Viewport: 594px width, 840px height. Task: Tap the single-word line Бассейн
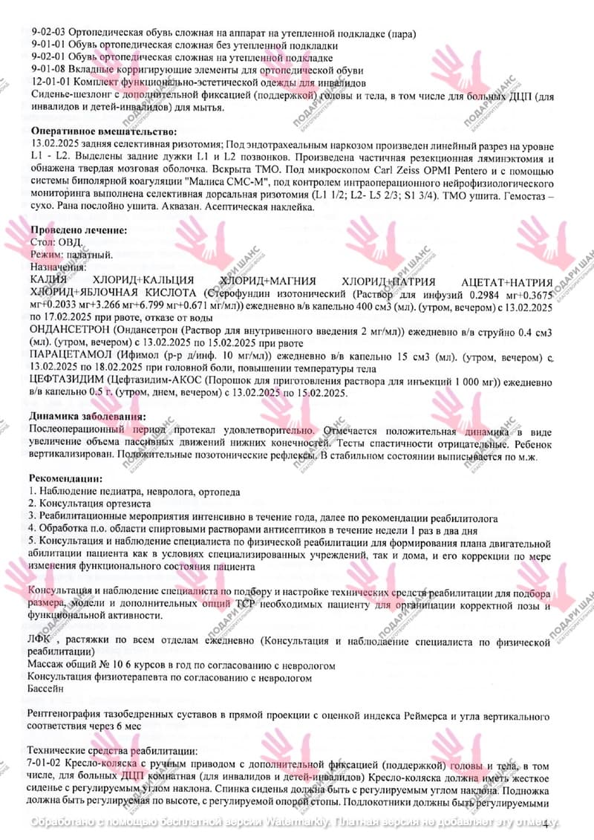pyautogui.click(x=46, y=689)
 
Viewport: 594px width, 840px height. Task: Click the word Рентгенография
pyautogui.click(x=65, y=715)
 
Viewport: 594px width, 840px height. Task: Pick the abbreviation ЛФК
pyautogui.click(x=39, y=639)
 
